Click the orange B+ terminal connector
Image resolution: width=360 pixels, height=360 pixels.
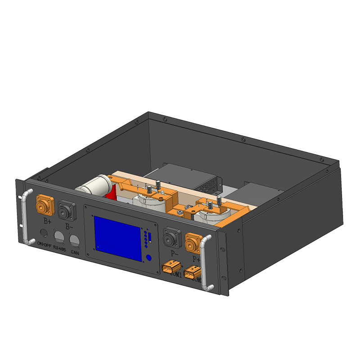(45, 205)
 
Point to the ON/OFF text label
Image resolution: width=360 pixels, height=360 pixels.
(44, 243)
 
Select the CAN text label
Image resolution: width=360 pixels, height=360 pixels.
(75, 253)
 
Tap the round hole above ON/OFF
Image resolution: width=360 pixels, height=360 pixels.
(44, 233)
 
